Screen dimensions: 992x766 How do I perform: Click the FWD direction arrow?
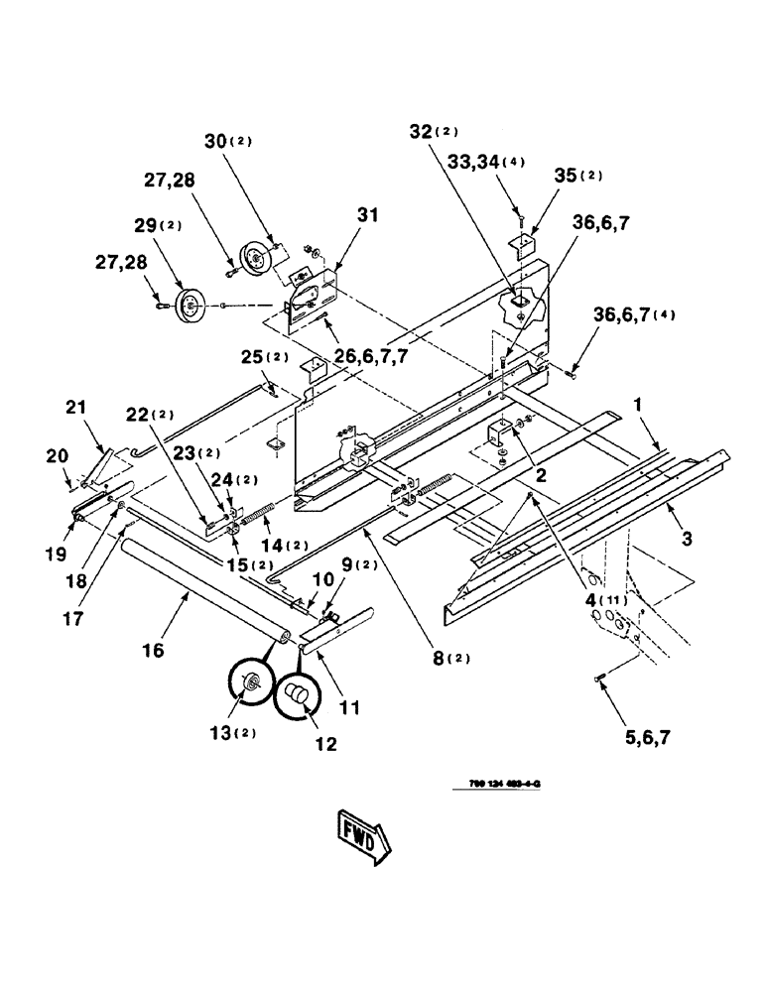click(363, 837)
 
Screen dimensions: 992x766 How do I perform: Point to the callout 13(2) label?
click(235, 735)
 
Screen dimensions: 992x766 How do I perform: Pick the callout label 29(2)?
click(155, 227)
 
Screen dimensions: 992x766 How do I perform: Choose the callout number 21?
click(77, 406)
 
